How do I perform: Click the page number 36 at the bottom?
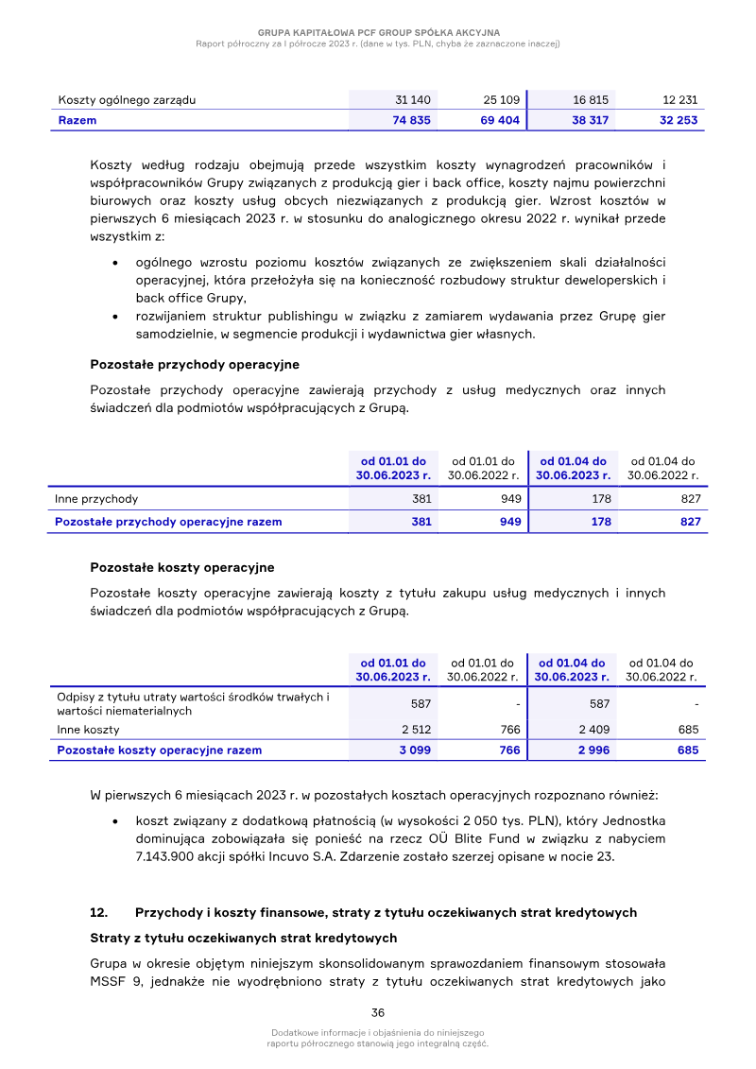point(377,1012)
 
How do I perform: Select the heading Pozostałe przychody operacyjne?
point(195,364)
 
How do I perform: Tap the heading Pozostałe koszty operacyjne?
point(182,567)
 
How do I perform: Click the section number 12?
point(98,912)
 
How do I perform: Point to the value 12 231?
point(680,99)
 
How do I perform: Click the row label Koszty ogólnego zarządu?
point(127,99)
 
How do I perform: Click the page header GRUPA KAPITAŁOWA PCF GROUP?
point(378,32)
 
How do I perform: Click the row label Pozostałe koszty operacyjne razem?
point(159,750)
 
